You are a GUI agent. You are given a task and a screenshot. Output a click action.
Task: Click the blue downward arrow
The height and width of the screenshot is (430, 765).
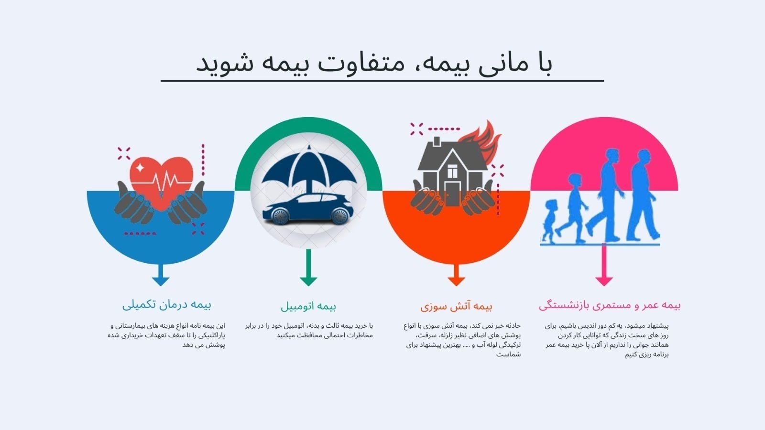click(x=161, y=275)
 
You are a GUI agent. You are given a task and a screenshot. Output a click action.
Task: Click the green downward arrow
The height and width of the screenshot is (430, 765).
click(x=308, y=268)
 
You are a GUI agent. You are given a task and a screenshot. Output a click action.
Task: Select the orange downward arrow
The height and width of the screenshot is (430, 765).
click(x=456, y=275)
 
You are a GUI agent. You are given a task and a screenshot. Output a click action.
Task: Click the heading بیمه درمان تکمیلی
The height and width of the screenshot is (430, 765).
click(x=167, y=305)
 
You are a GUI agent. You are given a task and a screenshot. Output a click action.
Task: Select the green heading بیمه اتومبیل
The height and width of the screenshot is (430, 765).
click(x=308, y=306)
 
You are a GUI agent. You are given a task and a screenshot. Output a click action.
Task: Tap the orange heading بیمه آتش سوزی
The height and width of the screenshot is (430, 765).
click(x=456, y=306)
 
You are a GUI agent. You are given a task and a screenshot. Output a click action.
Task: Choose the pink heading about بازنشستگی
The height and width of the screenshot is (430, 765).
click(x=610, y=305)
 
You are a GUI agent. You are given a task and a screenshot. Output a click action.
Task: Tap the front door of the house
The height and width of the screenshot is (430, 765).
click(x=452, y=193)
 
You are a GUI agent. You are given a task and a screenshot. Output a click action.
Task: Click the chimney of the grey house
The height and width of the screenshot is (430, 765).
click(x=437, y=141)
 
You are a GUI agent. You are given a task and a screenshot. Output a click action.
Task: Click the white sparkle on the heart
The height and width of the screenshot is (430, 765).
click(x=140, y=168)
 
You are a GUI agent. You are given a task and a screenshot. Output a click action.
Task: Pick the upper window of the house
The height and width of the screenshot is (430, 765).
click(x=452, y=171)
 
